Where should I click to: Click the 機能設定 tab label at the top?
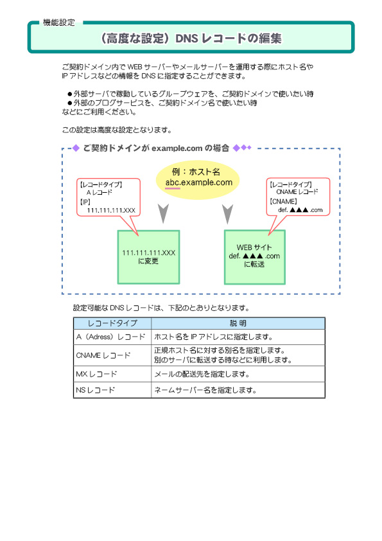click(x=58, y=22)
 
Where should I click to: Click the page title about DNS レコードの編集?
click(x=191, y=39)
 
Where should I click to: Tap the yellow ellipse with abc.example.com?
click(x=198, y=180)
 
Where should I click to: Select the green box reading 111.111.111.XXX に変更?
click(x=148, y=257)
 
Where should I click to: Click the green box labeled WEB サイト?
click(x=255, y=257)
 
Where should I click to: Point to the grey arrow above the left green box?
click(x=163, y=213)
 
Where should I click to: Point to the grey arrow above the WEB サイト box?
click(x=227, y=214)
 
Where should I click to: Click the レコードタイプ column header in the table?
click(x=112, y=323)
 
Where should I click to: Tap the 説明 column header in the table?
click(x=238, y=323)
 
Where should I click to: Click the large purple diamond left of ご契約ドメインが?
click(x=76, y=148)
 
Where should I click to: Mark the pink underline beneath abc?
click(x=173, y=188)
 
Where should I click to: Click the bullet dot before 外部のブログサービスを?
click(x=70, y=103)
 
